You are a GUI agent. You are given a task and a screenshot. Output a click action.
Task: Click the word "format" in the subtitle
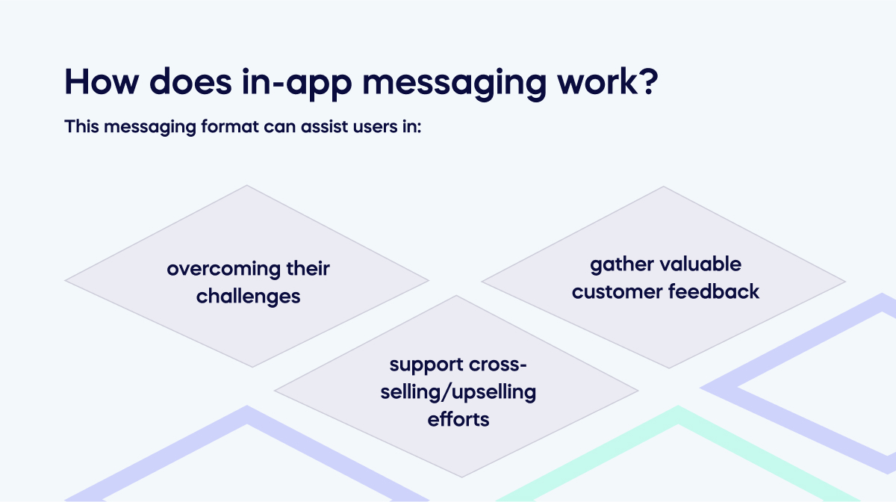pyautogui.click(x=230, y=126)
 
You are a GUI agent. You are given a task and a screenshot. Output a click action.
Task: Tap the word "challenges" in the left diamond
pyautogui.click(x=249, y=297)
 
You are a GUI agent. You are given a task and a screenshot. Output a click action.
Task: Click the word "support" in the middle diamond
pyautogui.click(x=425, y=366)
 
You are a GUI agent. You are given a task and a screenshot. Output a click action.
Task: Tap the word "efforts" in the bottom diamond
pyautogui.click(x=458, y=419)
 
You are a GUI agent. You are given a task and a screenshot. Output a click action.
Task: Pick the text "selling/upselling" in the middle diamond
pyautogui.click(x=458, y=392)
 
